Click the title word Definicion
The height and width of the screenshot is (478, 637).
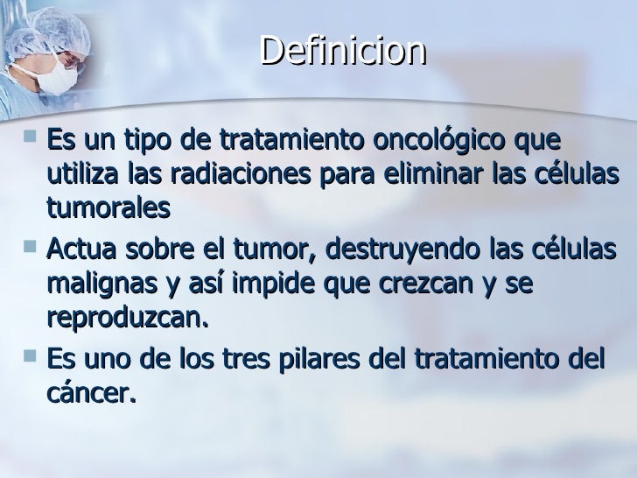coord(342,52)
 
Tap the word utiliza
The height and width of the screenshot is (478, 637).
coord(77,174)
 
